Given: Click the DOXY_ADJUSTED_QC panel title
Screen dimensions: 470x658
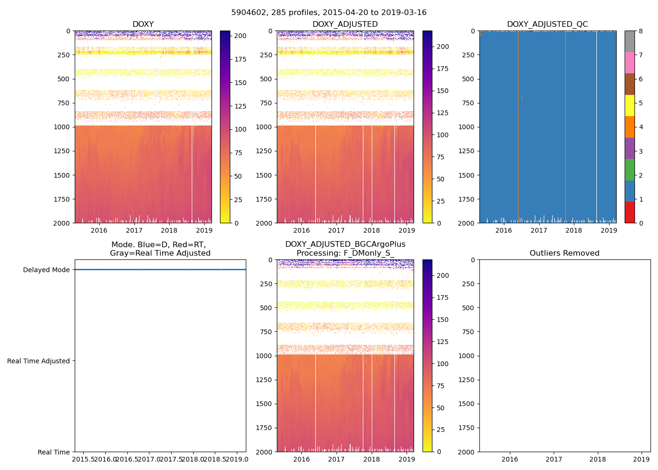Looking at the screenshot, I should click(x=547, y=24).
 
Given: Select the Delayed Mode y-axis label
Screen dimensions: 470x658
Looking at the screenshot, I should click(x=46, y=270).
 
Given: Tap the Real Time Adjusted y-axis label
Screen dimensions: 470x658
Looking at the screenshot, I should click(x=39, y=361).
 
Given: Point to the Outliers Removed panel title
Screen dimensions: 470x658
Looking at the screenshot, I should click(x=564, y=253).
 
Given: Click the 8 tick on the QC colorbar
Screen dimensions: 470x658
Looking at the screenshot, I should click(x=640, y=31).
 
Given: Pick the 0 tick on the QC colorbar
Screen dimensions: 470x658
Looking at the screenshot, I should click(x=640, y=223).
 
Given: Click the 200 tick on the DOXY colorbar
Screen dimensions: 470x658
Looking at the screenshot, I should click(x=240, y=36).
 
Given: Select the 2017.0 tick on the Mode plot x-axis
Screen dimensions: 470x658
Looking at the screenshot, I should click(x=149, y=459).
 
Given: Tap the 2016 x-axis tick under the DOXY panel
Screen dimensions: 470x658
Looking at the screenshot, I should click(x=99, y=230).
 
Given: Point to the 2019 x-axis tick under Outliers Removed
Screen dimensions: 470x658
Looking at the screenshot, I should click(x=642, y=459).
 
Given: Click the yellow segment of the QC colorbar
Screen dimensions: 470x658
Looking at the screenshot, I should click(x=629, y=106).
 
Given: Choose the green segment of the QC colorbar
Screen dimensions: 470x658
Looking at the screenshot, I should click(x=629, y=170).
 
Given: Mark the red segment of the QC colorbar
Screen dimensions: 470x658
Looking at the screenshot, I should click(x=629, y=212).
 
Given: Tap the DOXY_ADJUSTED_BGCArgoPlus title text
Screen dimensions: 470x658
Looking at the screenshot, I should click(x=345, y=244).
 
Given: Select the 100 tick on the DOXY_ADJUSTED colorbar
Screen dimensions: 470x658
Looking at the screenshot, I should click(x=442, y=135).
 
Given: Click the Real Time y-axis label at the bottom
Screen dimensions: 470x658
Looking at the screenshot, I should click(x=54, y=452).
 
